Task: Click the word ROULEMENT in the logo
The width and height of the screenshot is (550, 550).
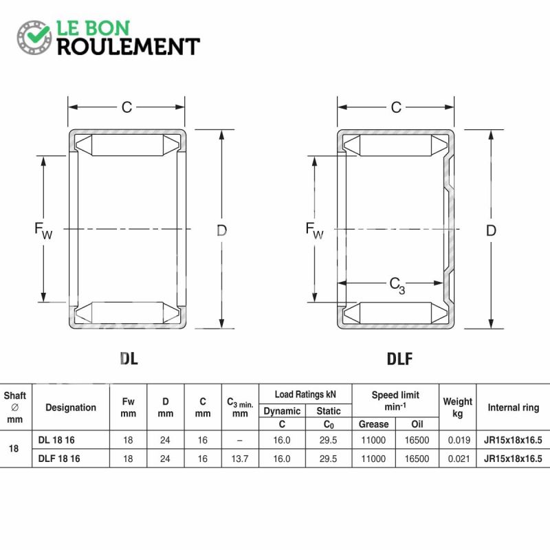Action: pos(129,47)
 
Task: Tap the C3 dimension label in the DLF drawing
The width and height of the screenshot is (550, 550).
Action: pos(397,285)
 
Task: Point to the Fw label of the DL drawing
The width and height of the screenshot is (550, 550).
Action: pos(43,230)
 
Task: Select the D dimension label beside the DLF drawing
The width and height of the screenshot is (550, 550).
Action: pos(491,230)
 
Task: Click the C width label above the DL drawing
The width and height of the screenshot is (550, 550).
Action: pos(126,107)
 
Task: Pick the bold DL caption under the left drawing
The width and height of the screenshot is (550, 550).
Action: pos(129,358)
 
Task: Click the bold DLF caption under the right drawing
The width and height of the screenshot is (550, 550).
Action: pos(399,358)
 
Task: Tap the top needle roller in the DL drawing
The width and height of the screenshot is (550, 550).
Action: pos(127,145)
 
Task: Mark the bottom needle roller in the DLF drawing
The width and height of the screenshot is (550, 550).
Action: pos(396,313)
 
